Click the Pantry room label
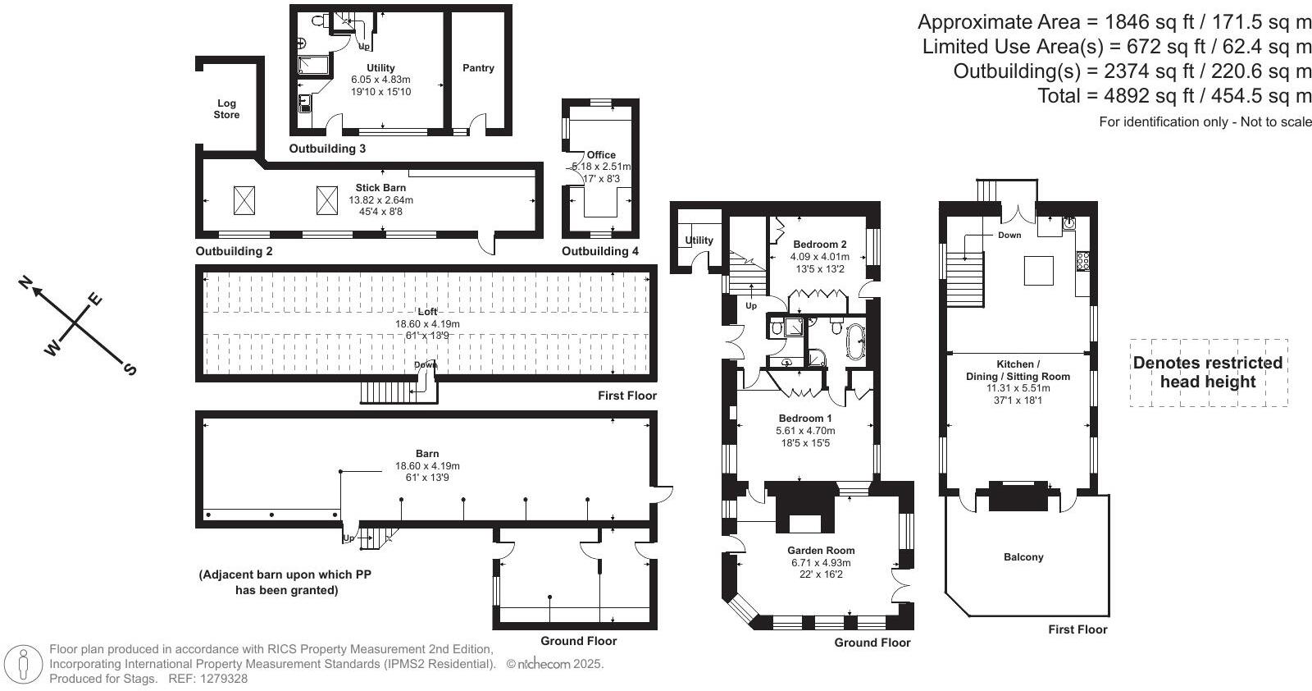click(x=478, y=68)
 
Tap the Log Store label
click(x=226, y=109)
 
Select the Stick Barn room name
click(x=380, y=188)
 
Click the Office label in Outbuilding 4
click(x=601, y=154)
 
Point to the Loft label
click(x=427, y=312)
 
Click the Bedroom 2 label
click(x=820, y=245)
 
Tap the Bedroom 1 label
click(x=804, y=419)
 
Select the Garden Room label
click(x=821, y=551)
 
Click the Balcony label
click(x=1023, y=557)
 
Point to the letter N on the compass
click(x=25, y=284)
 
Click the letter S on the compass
click(x=130, y=369)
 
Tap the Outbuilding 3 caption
click(x=327, y=149)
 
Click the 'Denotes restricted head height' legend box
click(x=1208, y=373)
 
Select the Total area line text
click(x=1174, y=96)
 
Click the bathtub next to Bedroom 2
click(x=855, y=342)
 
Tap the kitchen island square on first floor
click(x=1039, y=270)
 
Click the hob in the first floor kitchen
click(x=1082, y=261)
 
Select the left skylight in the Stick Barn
click(x=244, y=200)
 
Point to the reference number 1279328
click(x=220, y=679)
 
